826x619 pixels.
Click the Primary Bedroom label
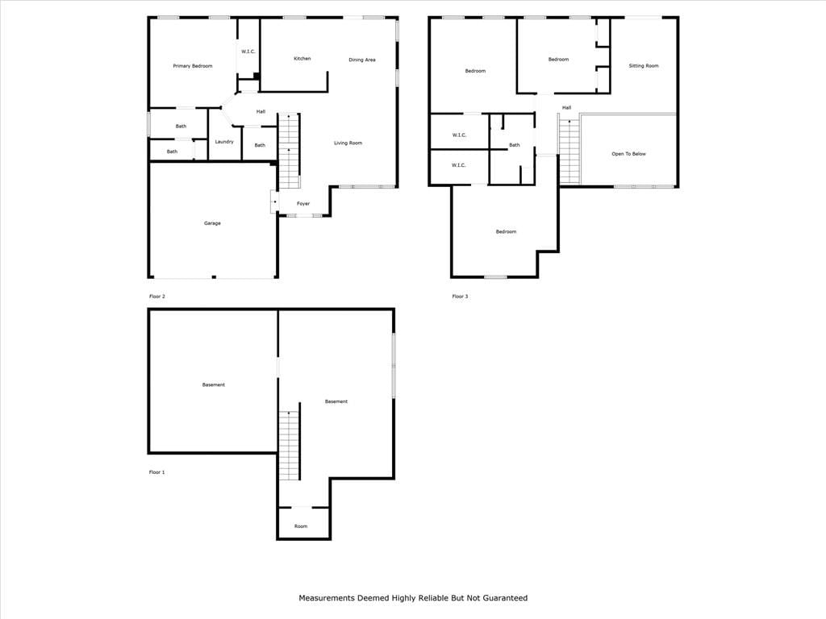(x=192, y=66)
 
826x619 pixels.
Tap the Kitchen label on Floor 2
(x=302, y=58)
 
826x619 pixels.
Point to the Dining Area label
(x=362, y=60)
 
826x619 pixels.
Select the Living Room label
(x=348, y=143)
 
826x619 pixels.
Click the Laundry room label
(x=224, y=142)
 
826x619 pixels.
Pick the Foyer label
(x=303, y=204)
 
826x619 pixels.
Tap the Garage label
(x=212, y=223)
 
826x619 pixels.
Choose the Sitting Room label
(x=643, y=66)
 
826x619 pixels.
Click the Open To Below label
(x=628, y=154)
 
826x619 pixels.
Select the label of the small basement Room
(x=301, y=526)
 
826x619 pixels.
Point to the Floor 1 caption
(x=157, y=472)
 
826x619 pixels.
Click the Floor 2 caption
(x=157, y=297)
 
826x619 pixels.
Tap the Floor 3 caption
(x=460, y=297)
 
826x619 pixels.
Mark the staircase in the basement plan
(x=290, y=445)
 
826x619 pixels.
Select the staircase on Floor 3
(x=569, y=152)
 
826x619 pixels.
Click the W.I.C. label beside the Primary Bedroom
(x=248, y=52)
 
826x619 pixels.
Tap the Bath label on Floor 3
(x=514, y=145)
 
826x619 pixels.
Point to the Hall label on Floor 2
(x=261, y=111)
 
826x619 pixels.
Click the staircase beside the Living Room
(x=289, y=151)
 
